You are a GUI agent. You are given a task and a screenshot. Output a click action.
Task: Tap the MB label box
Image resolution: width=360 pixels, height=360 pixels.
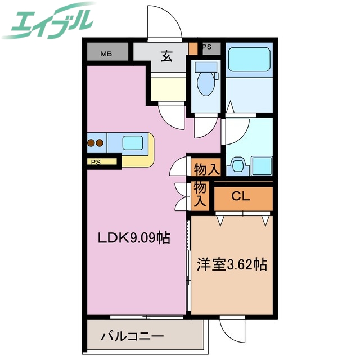click(106, 54)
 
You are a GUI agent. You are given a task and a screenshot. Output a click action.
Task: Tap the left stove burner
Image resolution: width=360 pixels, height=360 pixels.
click(91, 143)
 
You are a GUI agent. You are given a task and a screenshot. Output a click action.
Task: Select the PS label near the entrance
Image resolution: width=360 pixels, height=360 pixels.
click(207, 47)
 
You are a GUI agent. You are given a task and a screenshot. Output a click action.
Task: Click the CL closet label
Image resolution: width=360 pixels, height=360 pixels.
click(241, 197)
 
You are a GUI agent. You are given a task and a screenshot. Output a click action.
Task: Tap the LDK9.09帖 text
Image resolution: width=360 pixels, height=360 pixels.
click(134, 238)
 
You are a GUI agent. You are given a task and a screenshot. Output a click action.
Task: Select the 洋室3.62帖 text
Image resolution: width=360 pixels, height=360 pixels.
click(231, 264)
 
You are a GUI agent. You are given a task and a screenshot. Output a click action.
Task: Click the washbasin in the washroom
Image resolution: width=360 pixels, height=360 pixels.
click(238, 165)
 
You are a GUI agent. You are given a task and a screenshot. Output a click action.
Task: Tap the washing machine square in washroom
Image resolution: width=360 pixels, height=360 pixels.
click(262, 166)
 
